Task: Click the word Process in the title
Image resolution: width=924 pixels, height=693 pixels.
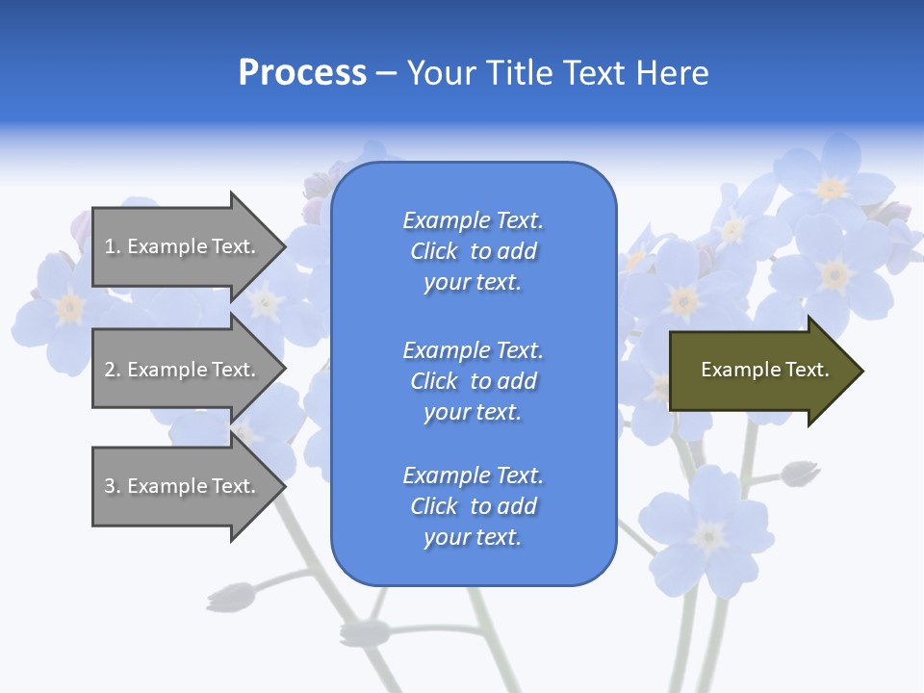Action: pyautogui.click(x=302, y=73)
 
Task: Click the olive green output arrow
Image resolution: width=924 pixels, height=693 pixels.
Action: pyautogui.click(x=760, y=371)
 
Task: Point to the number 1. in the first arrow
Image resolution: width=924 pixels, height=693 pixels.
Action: pyautogui.click(x=113, y=246)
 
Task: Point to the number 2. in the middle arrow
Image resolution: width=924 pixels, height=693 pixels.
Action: pyautogui.click(x=113, y=370)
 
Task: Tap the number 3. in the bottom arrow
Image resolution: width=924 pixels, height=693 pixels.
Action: pyautogui.click(x=113, y=486)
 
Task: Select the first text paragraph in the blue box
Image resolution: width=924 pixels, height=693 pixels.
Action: pyautogui.click(x=473, y=251)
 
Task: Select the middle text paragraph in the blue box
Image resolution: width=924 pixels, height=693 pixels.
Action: pyautogui.click(x=473, y=381)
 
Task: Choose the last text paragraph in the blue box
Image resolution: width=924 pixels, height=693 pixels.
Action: pyautogui.click(x=473, y=506)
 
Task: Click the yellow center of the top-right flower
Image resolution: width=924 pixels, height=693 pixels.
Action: pyautogui.click(x=831, y=189)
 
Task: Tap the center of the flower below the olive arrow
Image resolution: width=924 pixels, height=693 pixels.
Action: pyautogui.click(x=709, y=536)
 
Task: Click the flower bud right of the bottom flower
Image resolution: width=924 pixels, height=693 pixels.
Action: pyautogui.click(x=799, y=473)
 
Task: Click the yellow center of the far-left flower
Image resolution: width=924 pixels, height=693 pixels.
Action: pyautogui.click(x=68, y=307)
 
